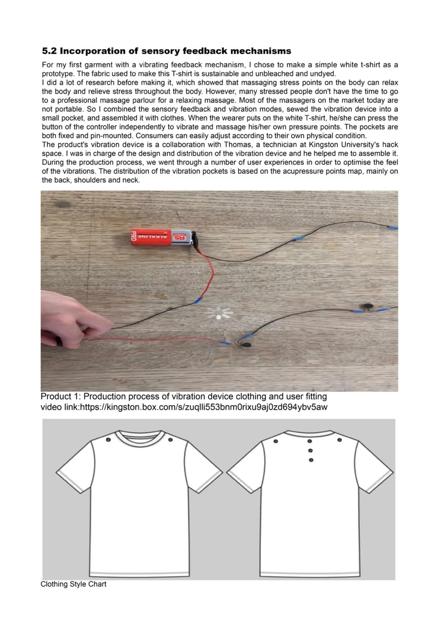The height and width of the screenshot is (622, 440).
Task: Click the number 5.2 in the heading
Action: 49,51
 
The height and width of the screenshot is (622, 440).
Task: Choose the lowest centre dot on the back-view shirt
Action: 311,460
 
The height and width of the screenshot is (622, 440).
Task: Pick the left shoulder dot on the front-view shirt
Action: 108,440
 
